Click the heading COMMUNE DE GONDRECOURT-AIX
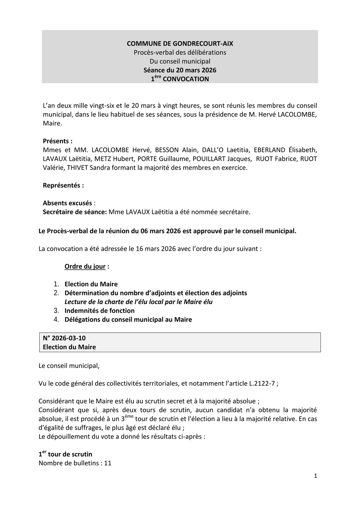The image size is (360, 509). [180, 44]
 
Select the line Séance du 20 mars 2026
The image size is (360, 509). [180, 70]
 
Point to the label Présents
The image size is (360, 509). [58, 141]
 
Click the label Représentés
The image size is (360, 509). [63, 186]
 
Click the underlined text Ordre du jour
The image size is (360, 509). [85, 266]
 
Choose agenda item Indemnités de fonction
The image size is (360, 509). [100, 311]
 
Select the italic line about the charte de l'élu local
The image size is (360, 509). [138, 302]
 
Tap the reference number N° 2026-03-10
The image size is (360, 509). [64, 338]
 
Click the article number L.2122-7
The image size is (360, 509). [262, 383]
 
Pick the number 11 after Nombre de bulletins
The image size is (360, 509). [107, 463]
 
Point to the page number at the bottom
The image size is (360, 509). [316, 476]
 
